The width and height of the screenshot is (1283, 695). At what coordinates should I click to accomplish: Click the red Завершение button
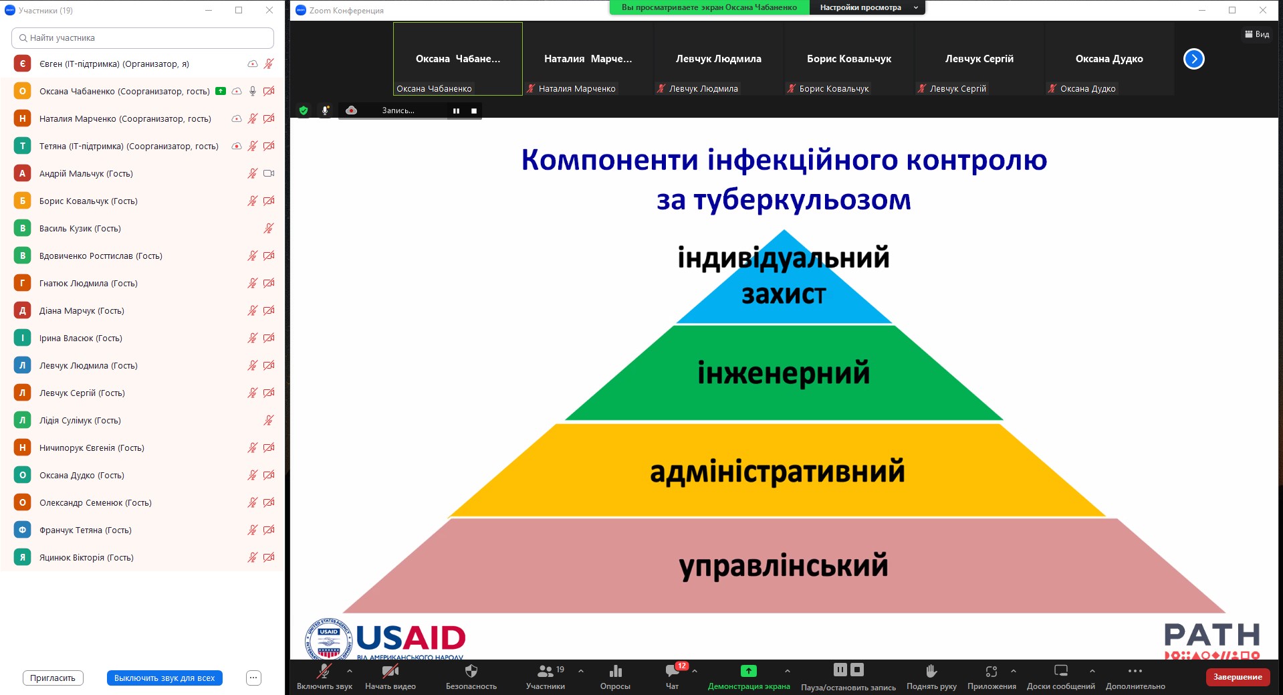(1238, 677)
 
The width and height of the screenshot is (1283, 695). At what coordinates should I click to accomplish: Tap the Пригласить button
(53, 678)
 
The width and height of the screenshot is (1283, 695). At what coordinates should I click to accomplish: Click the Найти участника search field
(142, 38)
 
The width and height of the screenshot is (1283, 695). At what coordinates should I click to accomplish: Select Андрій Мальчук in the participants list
(86, 174)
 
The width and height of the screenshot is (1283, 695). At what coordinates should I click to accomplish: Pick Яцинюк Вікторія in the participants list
(86, 558)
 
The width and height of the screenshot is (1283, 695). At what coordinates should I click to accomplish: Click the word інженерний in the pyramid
(784, 373)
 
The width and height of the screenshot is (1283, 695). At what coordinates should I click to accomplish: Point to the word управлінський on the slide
(784, 567)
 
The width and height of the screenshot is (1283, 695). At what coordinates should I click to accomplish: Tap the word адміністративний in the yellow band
(778, 472)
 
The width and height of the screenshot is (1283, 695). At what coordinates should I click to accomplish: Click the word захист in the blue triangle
(784, 294)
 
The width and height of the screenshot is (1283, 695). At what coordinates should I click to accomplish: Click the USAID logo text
(411, 638)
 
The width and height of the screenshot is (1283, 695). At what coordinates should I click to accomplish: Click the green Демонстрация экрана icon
(749, 671)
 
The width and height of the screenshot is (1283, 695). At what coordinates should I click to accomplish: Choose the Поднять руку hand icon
(931, 671)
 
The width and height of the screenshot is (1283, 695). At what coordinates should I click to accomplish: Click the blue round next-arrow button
(1194, 59)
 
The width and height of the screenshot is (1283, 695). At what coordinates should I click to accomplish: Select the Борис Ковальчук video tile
(849, 59)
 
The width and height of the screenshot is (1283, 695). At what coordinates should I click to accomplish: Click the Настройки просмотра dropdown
(867, 7)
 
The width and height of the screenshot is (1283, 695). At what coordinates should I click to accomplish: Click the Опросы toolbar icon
(616, 671)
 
